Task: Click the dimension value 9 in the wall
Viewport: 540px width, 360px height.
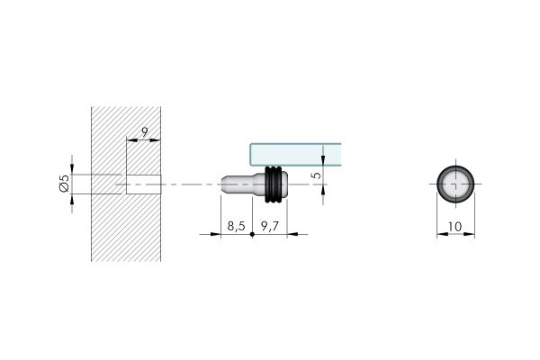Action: [144, 131]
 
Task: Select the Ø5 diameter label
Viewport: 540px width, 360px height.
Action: [64, 184]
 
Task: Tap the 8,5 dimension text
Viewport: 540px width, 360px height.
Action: [236, 226]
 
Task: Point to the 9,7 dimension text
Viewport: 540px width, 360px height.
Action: [270, 226]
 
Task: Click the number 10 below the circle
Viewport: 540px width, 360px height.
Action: [454, 228]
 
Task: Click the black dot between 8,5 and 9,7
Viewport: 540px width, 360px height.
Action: [253, 235]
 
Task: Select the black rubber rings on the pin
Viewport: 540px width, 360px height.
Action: [274, 184]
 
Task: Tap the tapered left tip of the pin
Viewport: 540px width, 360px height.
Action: [224, 184]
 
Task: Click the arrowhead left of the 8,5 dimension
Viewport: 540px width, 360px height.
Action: [216, 235]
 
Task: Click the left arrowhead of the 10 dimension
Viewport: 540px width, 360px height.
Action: [441, 236]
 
